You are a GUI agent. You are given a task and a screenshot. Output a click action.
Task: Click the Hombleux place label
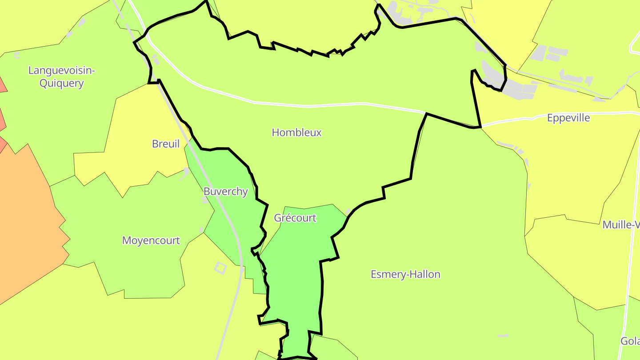click(296, 132)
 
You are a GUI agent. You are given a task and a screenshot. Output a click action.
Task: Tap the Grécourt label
click(295, 218)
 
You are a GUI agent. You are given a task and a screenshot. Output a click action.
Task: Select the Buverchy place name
click(225, 192)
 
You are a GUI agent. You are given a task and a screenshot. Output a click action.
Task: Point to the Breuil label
click(166, 144)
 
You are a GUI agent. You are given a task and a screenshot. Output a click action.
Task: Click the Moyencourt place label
click(151, 240)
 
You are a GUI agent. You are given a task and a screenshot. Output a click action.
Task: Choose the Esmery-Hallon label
click(405, 274)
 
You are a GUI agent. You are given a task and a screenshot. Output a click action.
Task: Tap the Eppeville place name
click(568, 118)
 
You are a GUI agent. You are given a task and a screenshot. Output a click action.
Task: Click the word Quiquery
click(62, 83)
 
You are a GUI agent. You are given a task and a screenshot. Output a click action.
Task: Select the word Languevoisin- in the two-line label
click(62, 70)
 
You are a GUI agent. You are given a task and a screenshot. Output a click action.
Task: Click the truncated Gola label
click(630, 341)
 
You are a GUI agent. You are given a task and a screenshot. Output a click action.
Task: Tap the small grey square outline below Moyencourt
click(220, 268)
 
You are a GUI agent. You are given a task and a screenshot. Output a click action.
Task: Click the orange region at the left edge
click(22, 222)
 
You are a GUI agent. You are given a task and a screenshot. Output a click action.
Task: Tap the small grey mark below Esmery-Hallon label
click(503, 336)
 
